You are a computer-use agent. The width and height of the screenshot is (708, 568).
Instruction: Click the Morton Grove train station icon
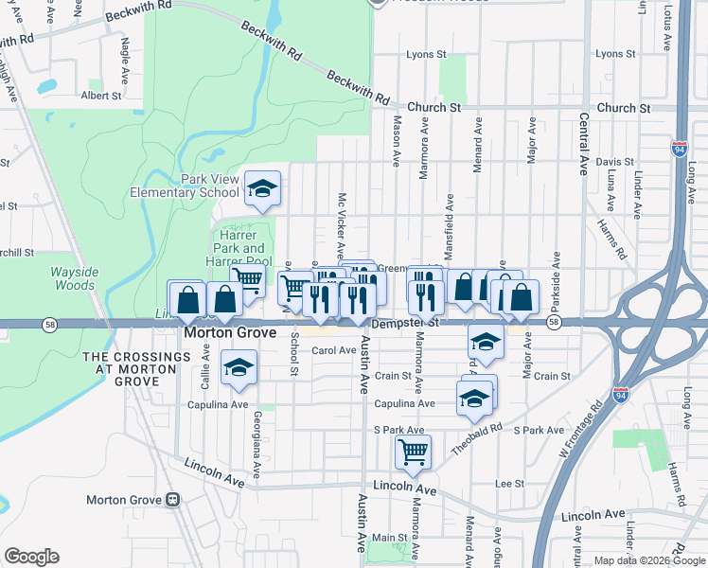[x=172, y=499]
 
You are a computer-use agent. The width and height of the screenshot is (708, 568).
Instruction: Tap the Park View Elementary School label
[x=185, y=186]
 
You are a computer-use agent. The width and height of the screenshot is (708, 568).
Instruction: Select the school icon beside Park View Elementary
[x=262, y=188]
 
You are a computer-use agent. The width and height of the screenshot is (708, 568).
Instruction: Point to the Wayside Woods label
[x=74, y=277]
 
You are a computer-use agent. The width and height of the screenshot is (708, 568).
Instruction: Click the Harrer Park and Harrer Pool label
[x=239, y=248]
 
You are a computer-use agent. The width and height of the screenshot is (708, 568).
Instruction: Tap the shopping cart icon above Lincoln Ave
[x=413, y=452]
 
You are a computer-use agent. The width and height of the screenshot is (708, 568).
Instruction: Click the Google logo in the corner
[x=31, y=557]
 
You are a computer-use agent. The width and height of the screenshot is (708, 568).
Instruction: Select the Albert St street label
[x=101, y=96]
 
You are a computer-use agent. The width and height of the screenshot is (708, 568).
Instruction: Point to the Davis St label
[x=614, y=162]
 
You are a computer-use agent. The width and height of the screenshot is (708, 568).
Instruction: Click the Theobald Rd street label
[x=476, y=437]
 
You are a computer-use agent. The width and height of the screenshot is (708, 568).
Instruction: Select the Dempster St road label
[x=406, y=323]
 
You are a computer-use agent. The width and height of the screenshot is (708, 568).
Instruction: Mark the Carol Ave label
[x=333, y=350]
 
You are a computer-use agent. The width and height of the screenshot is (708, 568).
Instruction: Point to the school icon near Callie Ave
[x=239, y=367]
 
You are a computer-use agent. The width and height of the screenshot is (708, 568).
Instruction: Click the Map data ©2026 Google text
[x=648, y=560]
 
